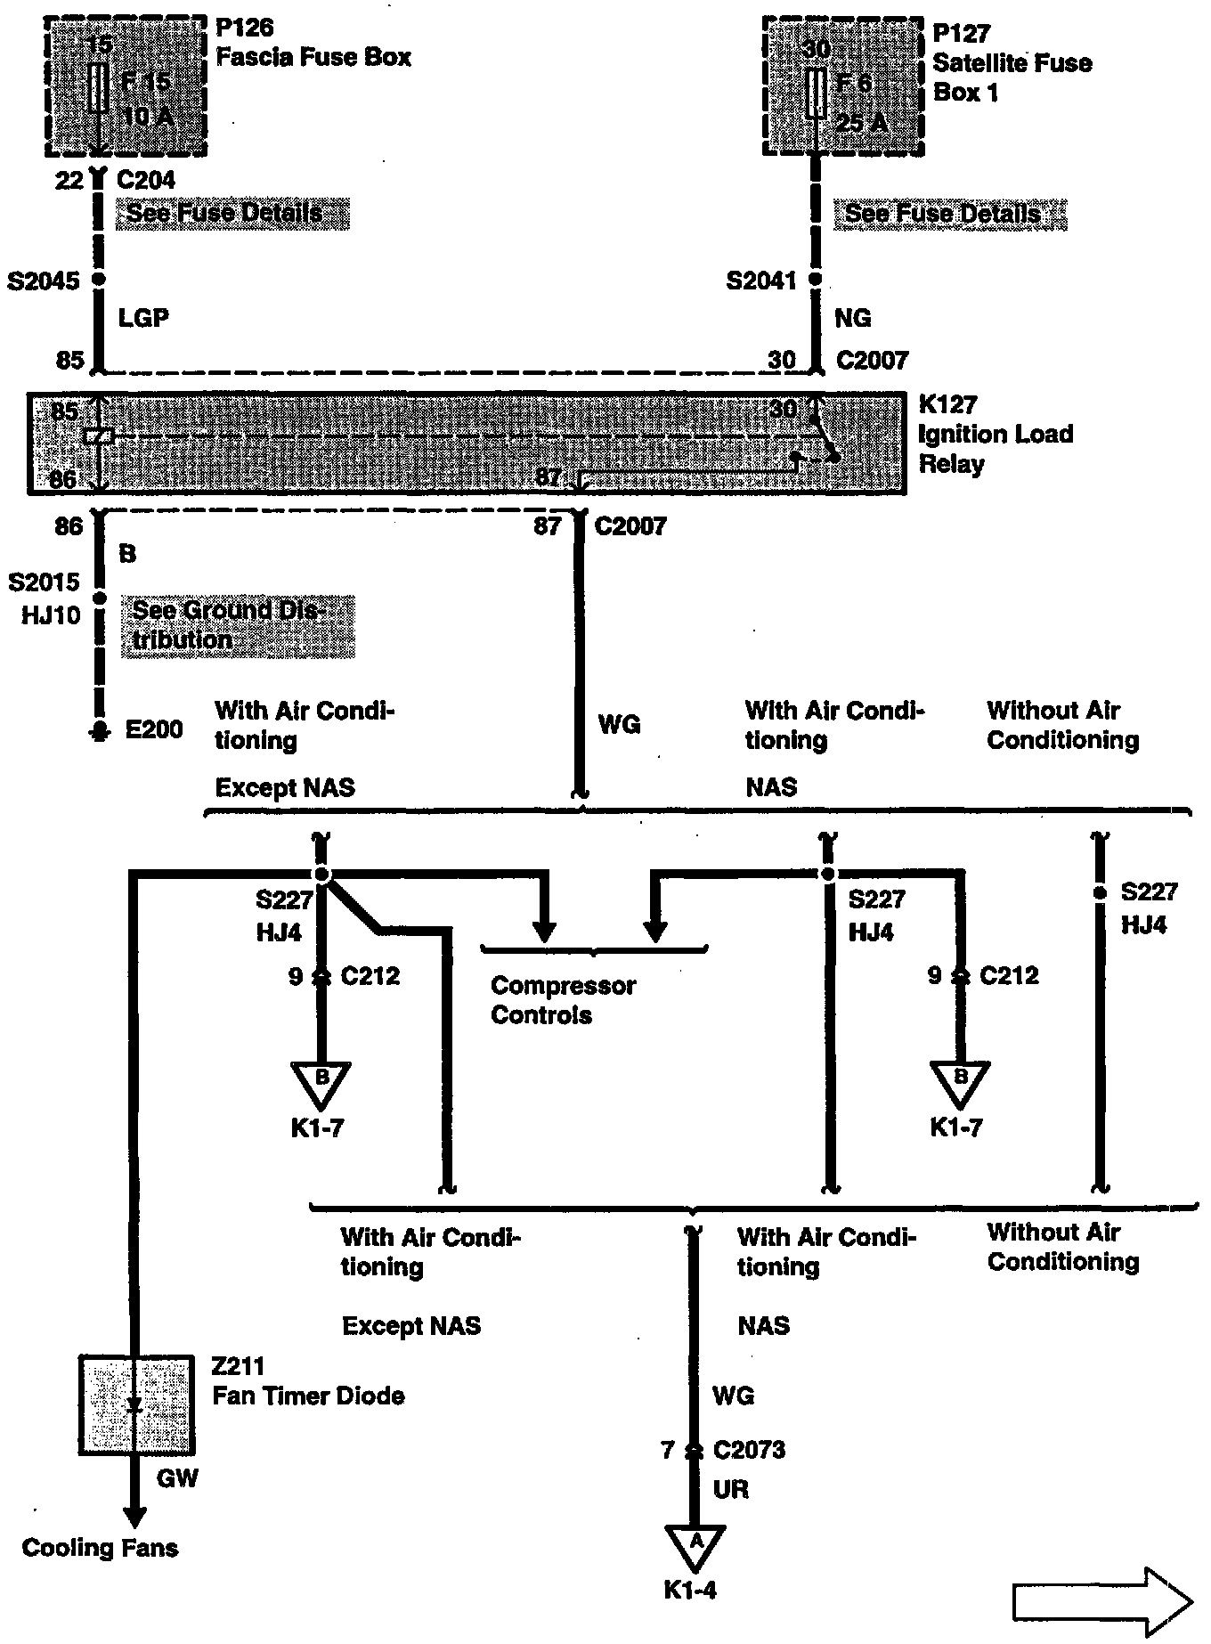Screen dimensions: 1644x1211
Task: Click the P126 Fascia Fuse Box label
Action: pyautogui.click(x=313, y=43)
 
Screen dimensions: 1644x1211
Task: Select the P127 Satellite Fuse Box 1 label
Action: pyautogui.click(x=1012, y=62)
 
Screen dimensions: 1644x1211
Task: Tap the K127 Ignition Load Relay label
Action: pyautogui.click(x=996, y=435)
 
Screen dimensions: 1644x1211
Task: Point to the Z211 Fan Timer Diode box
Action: pyautogui.click(x=136, y=1404)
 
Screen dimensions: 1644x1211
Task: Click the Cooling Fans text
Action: pyautogui.click(x=100, y=1548)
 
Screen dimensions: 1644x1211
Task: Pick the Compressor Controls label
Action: pyautogui.click(x=563, y=1000)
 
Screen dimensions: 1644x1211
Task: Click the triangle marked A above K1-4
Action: pyautogui.click(x=695, y=1543)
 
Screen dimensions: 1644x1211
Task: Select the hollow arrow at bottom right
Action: pyautogui.click(x=1102, y=1602)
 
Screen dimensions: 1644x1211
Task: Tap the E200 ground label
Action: pyautogui.click(x=154, y=730)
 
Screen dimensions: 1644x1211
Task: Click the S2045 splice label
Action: pyautogui.click(x=44, y=281)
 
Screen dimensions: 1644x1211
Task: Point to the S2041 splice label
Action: pyautogui.click(x=761, y=281)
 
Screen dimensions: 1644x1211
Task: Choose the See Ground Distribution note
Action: pyautogui.click(x=237, y=625)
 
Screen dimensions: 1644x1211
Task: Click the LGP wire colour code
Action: pyautogui.click(x=143, y=318)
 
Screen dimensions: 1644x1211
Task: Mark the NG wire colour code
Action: pyautogui.click(x=852, y=318)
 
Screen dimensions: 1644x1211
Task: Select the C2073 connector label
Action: pyautogui.click(x=749, y=1450)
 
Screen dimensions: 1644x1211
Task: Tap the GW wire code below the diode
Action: pyautogui.click(x=177, y=1479)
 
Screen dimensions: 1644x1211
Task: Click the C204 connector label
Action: pyautogui.click(x=146, y=180)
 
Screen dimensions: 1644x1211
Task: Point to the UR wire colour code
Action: pyautogui.click(x=731, y=1489)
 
